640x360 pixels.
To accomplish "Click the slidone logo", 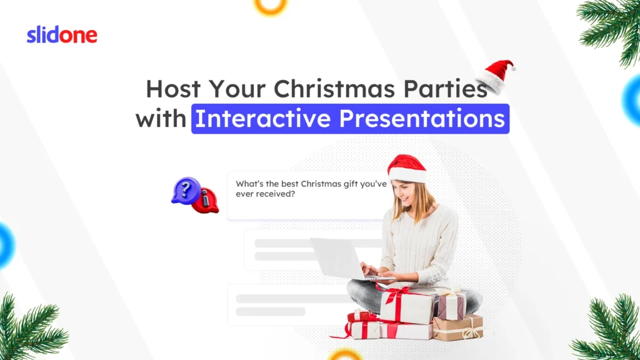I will coord(62,35).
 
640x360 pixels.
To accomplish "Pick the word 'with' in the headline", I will coord(161,119).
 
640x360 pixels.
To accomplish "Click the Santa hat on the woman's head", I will coord(406,167).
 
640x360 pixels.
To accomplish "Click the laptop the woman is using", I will coord(338,258).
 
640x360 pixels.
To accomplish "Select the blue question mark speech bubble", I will coord(186,189).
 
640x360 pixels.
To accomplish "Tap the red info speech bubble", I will coord(205,201).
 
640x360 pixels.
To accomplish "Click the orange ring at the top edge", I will coord(270,5).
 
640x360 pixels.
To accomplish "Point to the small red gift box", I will coord(362,316).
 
